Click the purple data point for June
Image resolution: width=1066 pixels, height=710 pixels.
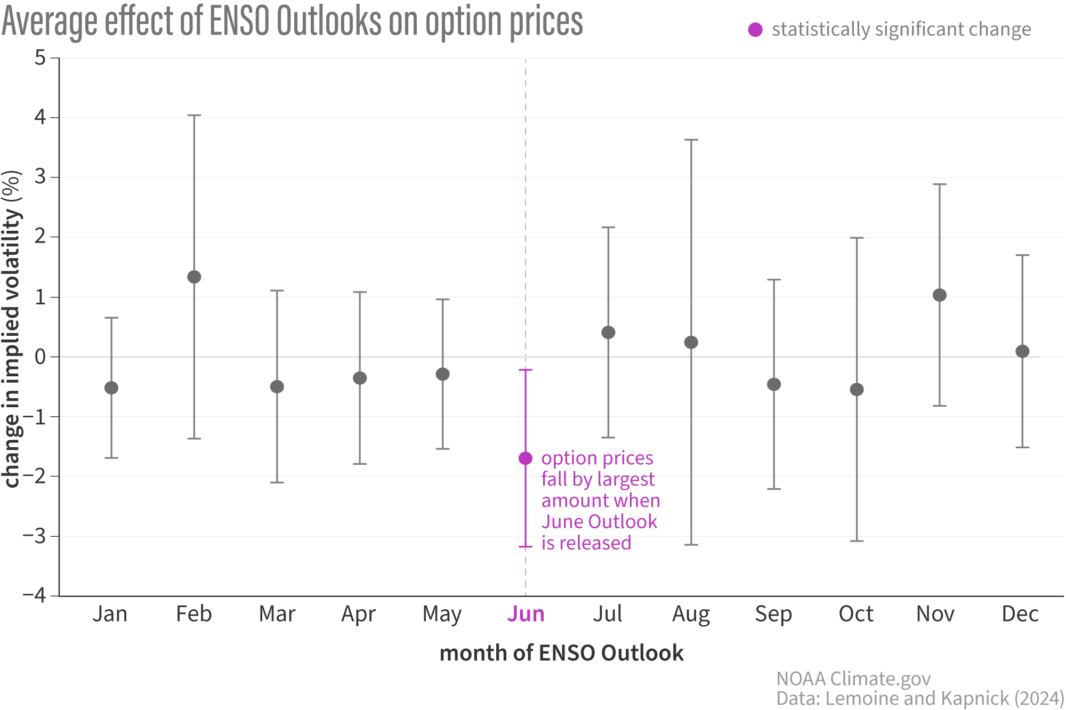coord(526,458)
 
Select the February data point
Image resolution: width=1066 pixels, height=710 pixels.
coord(194,277)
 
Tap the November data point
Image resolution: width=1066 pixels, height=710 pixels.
coord(940,295)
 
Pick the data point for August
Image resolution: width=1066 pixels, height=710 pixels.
coord(691,342)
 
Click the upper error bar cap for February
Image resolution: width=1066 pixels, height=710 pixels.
coord(194,115)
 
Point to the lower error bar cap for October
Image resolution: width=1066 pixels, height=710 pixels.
coord(857,541)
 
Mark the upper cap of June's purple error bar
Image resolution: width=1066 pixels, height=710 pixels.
coord(526,370)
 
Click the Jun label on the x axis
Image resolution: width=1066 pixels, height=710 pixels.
coord(526,614)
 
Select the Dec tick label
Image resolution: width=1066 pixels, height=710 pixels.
coord(1020,614)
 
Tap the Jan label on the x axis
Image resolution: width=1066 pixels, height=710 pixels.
coord(110,614)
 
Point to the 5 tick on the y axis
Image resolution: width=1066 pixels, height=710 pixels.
coord(41,58)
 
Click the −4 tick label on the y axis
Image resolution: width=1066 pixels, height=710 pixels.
coord(35,595)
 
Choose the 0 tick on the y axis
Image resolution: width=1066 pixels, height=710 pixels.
coord(41,357)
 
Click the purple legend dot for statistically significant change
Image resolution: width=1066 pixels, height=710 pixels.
coord(755,30)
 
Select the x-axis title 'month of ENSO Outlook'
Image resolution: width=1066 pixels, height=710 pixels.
coord(561,653)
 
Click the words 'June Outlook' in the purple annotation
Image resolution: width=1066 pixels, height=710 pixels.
coord(599,522)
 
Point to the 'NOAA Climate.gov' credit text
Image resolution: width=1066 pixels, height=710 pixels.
coord(853,679)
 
